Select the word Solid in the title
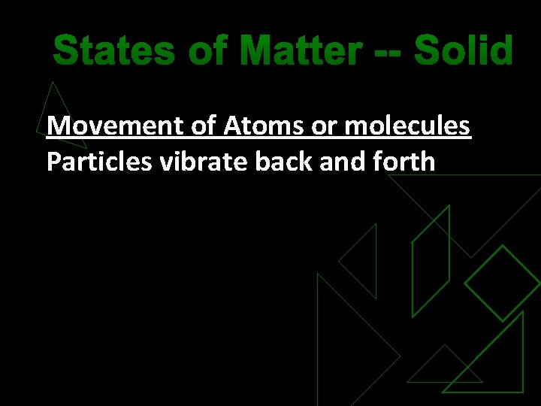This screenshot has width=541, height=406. click(463, 52)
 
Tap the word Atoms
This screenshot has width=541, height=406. click(264, 126)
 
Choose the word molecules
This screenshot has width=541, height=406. click(408, 126)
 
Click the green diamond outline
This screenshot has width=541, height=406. click(502, 283)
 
